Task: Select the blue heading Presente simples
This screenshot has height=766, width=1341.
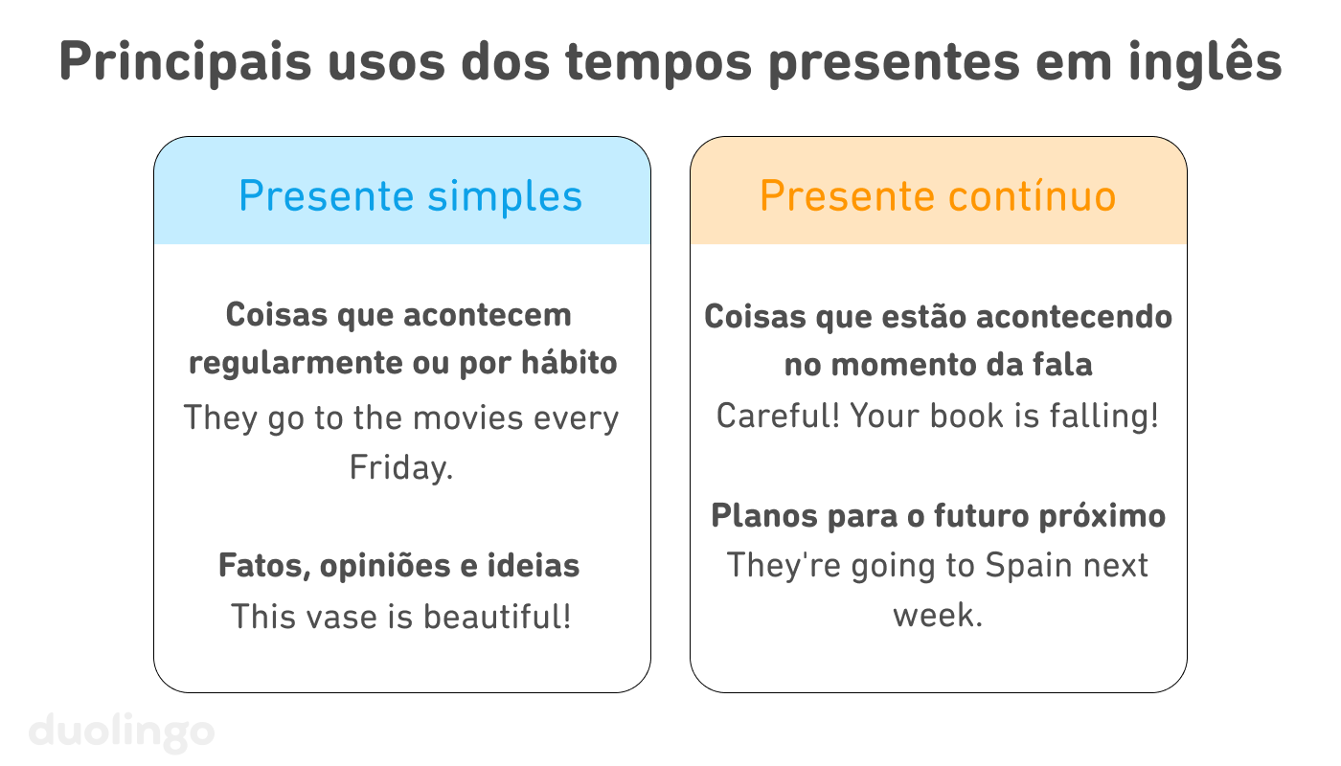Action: (x=410, y=196)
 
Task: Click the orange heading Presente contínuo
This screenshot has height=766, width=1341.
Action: (x=938, y=196)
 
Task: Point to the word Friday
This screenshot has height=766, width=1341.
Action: (x=400, y=468)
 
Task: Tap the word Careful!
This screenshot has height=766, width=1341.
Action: (x=777, y=417)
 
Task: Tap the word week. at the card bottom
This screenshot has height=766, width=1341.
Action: (x=938, y=615)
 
